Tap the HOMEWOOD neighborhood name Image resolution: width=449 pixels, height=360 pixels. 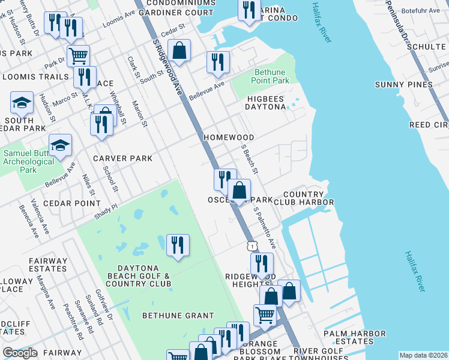coord(228,137)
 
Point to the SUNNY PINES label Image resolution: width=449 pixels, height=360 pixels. coord(403,85)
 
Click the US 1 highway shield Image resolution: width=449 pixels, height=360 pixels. coord(252,245)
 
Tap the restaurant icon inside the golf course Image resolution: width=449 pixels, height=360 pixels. coord(178,245)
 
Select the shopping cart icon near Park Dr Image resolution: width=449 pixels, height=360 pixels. coord(78,56)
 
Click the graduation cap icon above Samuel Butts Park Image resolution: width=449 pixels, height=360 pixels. coord(60,146)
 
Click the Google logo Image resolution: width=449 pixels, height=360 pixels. coord(20,353)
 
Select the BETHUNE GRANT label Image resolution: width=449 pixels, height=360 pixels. coord(178,315)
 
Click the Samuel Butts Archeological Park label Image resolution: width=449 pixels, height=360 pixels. coord(29,161)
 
